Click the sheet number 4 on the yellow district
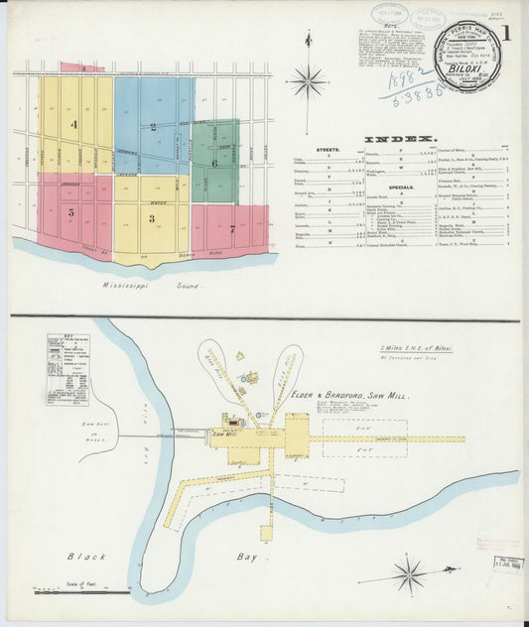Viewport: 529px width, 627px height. point(72,125)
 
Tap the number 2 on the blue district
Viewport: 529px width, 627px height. point(153,126)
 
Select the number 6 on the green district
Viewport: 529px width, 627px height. point(213,162)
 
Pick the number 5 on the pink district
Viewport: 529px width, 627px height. point(70,211)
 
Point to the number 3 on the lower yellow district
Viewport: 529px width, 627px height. point(151,217)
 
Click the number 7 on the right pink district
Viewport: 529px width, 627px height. point(231,229)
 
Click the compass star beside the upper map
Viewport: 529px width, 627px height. point(308,80)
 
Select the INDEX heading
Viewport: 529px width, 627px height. point(400,139)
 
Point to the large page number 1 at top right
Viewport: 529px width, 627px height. point(506,32)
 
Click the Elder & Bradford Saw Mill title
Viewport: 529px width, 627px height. point(352,394)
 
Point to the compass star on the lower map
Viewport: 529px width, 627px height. point(408,573)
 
